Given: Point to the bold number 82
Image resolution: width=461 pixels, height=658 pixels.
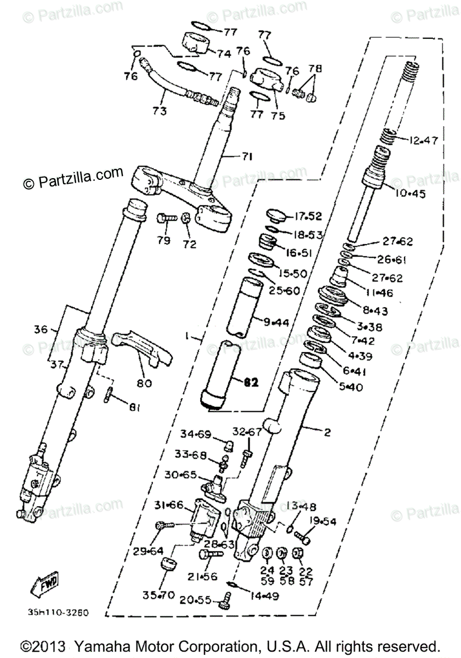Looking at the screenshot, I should (x=251, y=383).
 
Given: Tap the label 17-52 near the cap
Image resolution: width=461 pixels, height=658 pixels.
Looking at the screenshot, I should (x=309, y=215).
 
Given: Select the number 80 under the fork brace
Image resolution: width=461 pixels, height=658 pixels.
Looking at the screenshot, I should (x=144, y=383).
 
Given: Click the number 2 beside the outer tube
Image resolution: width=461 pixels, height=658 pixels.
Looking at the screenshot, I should (x=343, y=433).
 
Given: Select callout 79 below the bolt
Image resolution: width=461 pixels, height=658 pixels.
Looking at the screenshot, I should (x=164, y=240).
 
